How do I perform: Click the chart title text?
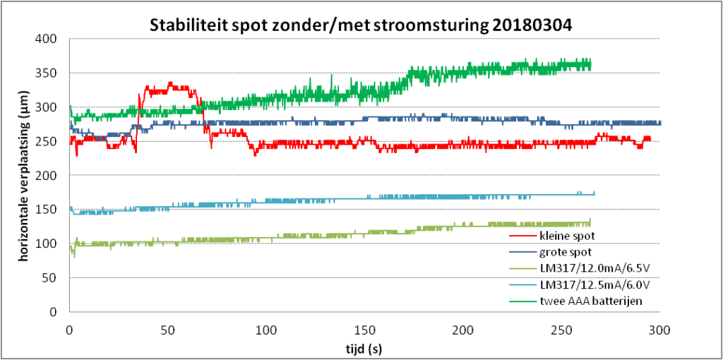tap(360, 25)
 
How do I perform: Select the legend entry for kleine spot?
tap(565, 236)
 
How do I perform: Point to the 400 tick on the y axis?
tap(50, 40)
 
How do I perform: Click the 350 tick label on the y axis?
tap(50, 73)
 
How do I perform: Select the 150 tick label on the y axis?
tap(50, 210)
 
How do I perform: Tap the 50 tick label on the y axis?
tap(53, 278)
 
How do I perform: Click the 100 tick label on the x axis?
tap(265, 330)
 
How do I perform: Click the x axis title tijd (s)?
tap(364, 347)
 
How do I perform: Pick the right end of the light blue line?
tap(594, 193)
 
